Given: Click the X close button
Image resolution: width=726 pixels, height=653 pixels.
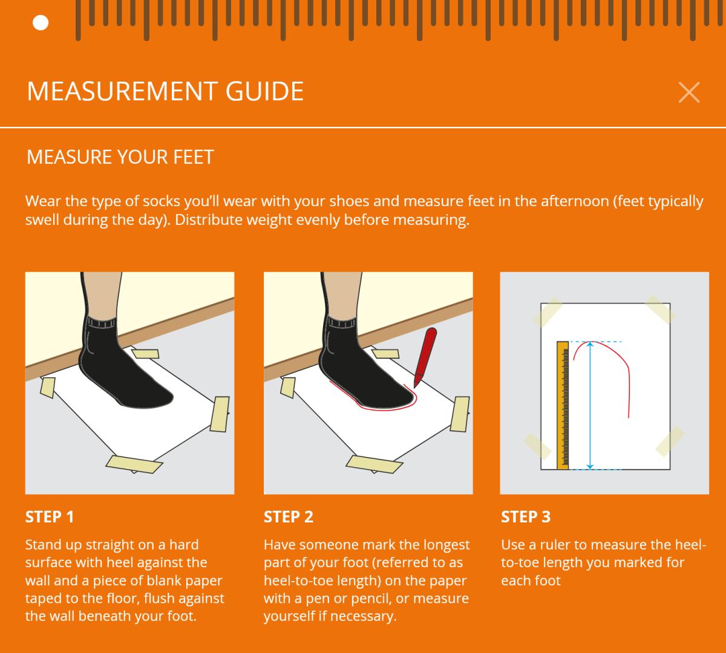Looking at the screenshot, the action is (x=689, y=93).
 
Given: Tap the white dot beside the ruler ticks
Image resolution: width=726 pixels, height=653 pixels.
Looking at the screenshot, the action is (x=41, y=23).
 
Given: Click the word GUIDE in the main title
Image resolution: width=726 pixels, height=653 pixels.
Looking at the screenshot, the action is (x=264, y=91).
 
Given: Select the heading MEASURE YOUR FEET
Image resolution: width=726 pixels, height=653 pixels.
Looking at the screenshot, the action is (x=120, y=157).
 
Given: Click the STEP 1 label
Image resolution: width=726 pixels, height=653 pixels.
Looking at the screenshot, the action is (x=50, y=517).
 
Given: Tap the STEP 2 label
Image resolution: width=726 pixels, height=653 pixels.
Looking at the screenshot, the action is (x=289, y=517).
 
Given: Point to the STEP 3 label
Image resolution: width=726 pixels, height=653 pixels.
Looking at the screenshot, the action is (x=526, y=517).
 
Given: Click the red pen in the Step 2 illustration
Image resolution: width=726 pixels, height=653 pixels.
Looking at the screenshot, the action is (x=425, y=356).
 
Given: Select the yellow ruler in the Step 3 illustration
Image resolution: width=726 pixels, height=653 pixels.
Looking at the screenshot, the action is (x=563, y=405).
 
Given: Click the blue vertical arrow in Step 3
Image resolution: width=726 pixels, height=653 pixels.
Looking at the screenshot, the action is (x=590, y=405).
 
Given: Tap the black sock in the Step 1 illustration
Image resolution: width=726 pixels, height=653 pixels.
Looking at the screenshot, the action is (x=119, y=365).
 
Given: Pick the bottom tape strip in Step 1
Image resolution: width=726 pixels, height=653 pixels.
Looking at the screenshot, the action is (x=134, y=464).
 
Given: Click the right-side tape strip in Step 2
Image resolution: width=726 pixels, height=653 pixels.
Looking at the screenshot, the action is (x=460, y=414).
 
